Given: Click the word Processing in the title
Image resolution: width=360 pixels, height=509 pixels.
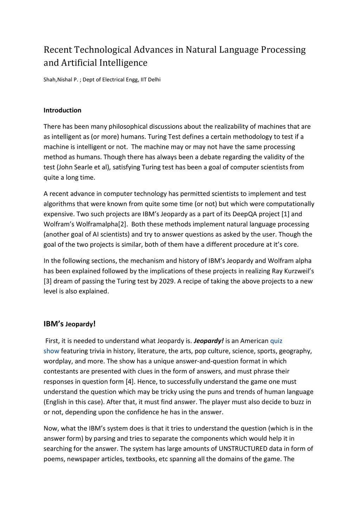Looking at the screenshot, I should tap(283, 50).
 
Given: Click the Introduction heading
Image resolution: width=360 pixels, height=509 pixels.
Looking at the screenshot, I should tap(62, 110).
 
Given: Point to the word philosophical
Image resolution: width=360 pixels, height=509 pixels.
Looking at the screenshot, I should tap(128, 126).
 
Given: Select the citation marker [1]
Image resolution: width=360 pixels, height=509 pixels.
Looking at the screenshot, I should tap(285, 214).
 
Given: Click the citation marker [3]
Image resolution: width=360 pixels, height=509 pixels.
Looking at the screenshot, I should tap(48, 281).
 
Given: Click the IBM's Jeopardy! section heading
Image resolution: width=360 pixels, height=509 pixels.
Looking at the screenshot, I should tap(70, 324).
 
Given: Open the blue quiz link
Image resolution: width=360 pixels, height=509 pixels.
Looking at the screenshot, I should tap(276, 341).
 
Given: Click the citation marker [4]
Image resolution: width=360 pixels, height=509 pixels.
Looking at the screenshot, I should tap(130, 381).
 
